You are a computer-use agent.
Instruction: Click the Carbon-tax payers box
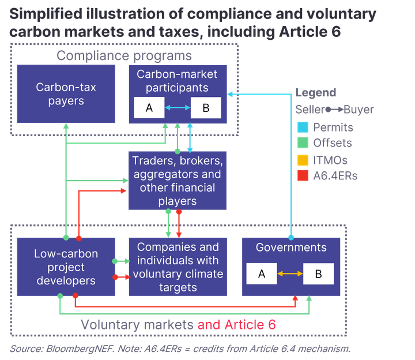click(x=66, y=94)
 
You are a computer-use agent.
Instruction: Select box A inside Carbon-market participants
click(x=149, y=107)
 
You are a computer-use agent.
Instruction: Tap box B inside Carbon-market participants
click(x=206, y=107)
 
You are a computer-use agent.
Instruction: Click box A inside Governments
click(x=262, y=273)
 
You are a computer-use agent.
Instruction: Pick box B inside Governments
click(x=318, y=273)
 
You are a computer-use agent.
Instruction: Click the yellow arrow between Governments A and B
click(x=290, y=273)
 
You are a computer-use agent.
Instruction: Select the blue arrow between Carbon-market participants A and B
click(x=178, y=107)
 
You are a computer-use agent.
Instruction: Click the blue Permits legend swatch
click(x=303, y=127)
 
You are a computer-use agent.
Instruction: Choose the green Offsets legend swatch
click(x=303, y=142)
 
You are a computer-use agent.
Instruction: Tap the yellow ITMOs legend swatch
click(x=303, y=160)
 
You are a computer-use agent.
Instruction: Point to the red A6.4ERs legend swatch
click(x=303, y=175)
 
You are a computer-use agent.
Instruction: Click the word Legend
click(x=316, y=93)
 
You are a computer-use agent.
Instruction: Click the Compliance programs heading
click(x=124, y=56)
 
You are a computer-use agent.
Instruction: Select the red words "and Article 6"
click(x=237, y=324)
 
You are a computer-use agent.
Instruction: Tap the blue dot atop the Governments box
click(x=291, y=237)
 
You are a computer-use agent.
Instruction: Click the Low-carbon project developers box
click(x=66, y=267)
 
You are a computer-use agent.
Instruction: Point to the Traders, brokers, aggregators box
click(x=178, y=181)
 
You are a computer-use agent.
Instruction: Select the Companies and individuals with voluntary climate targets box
click(x=178, y=267)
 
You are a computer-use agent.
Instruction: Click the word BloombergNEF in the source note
click(x=80, y=349)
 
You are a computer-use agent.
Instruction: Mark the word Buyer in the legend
click(x=359, y=110)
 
